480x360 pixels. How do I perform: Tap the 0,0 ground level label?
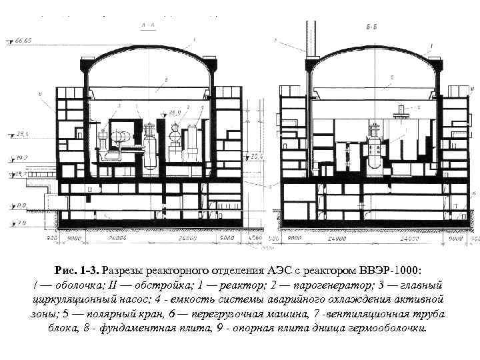pos(21,206)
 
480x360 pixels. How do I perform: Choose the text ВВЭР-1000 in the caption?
pos(389,271)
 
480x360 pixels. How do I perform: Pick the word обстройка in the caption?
pos(140,285)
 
